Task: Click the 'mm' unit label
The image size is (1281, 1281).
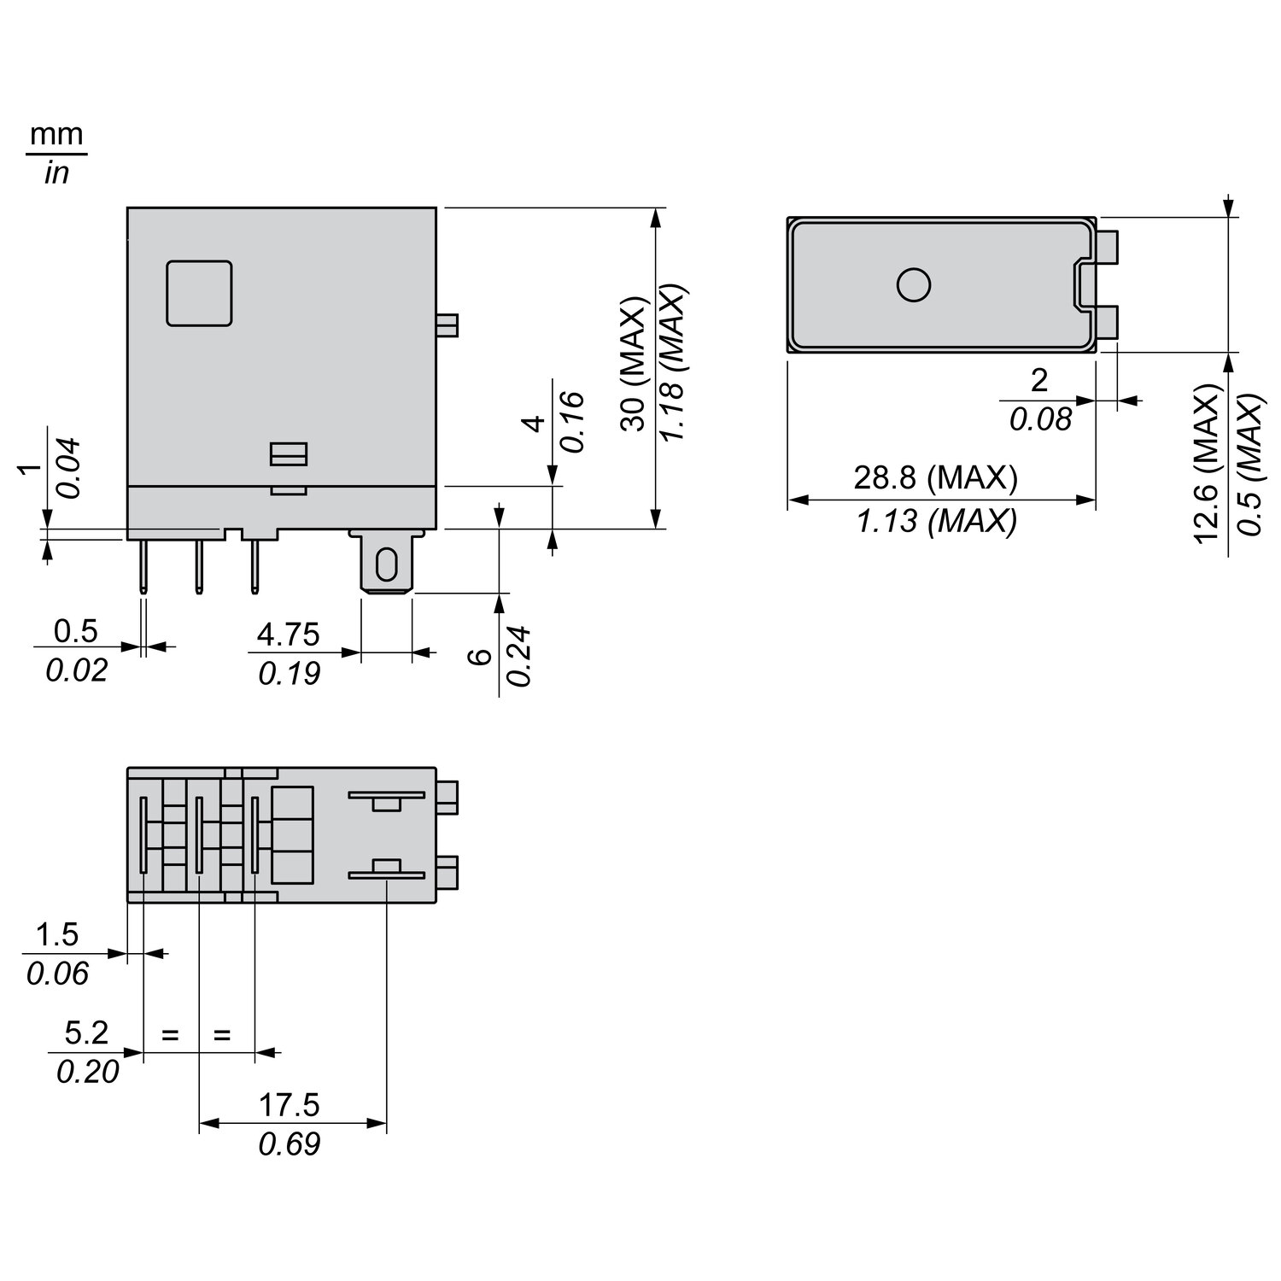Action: [x=57, y=135]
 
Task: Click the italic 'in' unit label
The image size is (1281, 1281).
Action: [x=56, y=173]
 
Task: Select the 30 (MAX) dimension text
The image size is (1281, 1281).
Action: [x=633, y=365]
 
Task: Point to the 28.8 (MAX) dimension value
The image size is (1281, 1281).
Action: [x=936, y=478]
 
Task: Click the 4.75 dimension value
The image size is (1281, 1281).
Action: [x=288, y=635]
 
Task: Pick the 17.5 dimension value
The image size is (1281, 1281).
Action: [x=290, y=1105]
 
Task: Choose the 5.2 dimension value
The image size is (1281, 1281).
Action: [x=87, y=1033]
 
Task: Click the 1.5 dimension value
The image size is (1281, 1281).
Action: [x=57, y=935]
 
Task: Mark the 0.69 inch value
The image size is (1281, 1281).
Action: [x=290, y=1144]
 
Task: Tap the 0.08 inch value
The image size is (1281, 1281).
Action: [x=1040, y=419]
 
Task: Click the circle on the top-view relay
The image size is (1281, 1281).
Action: [x=913, y=284]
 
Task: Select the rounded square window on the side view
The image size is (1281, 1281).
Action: [x=199, y=293]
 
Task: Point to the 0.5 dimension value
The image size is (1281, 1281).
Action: [x=76, y=631]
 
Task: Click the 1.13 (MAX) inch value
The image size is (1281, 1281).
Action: [x=937, y=520]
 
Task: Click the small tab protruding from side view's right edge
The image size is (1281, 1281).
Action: [x=447, y=325]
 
